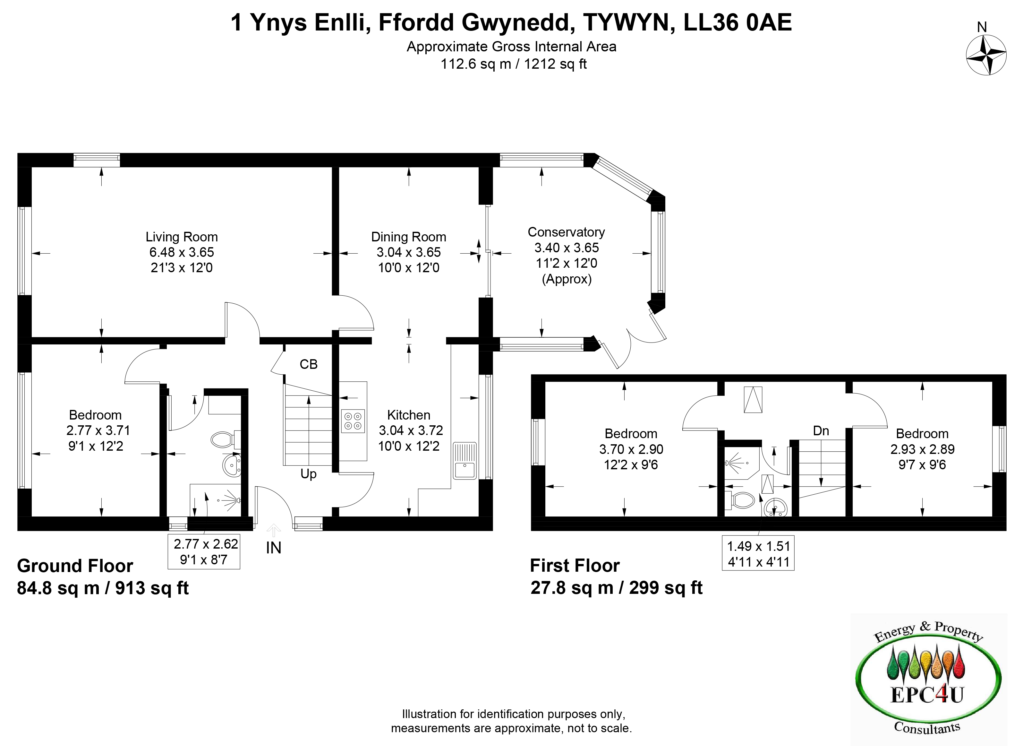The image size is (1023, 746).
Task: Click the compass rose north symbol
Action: [986, 55]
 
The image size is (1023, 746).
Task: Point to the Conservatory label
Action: [566, 232]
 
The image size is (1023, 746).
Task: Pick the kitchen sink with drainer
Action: [465, 460]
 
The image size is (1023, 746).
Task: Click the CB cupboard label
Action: [309, 364]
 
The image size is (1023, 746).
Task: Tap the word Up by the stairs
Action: [309, 474]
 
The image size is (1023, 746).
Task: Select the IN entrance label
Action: [273, 548]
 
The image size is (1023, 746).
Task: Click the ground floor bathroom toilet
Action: [225, 439]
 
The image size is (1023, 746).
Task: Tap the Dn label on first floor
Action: [821, 430]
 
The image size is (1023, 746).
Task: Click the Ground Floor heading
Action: [75, 566]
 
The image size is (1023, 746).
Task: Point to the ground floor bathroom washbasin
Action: [232, 465]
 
